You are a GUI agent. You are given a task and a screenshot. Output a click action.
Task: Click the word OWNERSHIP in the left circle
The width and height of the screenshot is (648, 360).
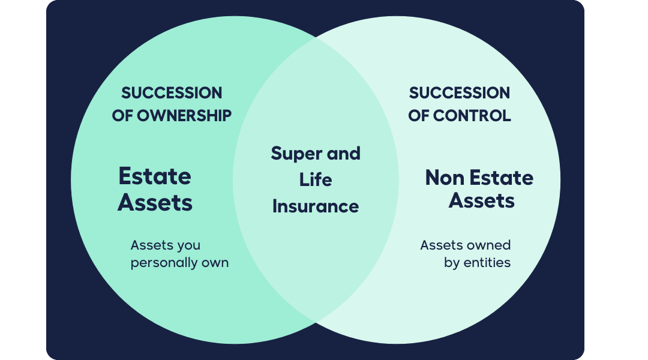(184, 116)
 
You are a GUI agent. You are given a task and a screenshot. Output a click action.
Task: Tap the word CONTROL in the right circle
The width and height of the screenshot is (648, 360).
(472, 116)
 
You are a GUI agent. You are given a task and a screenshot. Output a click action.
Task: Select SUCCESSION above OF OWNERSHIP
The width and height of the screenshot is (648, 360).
(172, 93)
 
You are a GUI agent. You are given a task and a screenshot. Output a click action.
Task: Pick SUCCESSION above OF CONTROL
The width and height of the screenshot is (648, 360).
(460, 93)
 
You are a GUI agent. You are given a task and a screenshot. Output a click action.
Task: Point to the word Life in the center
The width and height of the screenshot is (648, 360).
(316, 180)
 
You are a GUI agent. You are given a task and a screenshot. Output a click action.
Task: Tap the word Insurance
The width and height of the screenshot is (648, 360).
(316, 206)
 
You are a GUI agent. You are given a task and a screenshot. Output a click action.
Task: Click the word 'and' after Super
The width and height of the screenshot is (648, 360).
(344, 154)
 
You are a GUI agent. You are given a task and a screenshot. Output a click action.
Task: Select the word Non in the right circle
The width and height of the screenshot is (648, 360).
(445, 178)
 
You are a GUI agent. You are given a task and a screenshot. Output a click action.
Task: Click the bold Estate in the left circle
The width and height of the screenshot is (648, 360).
(155, 176)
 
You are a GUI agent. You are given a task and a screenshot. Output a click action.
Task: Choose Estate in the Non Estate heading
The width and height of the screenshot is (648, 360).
(501, 178)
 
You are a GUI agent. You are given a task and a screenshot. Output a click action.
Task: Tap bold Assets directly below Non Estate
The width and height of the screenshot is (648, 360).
(481, 201)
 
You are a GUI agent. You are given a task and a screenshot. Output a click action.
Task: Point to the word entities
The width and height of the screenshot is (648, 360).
(487, 262)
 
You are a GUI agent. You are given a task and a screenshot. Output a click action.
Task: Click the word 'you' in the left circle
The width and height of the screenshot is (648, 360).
(188, 247)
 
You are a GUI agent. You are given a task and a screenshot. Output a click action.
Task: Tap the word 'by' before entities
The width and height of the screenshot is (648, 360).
(452, 263)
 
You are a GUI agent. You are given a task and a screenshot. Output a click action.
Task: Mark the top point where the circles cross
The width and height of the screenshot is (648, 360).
(316, 37)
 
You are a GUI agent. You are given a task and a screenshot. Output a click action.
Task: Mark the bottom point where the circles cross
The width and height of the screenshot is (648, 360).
(316, 322)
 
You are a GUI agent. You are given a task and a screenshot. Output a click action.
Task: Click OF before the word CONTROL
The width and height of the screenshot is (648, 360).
(418, 116)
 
